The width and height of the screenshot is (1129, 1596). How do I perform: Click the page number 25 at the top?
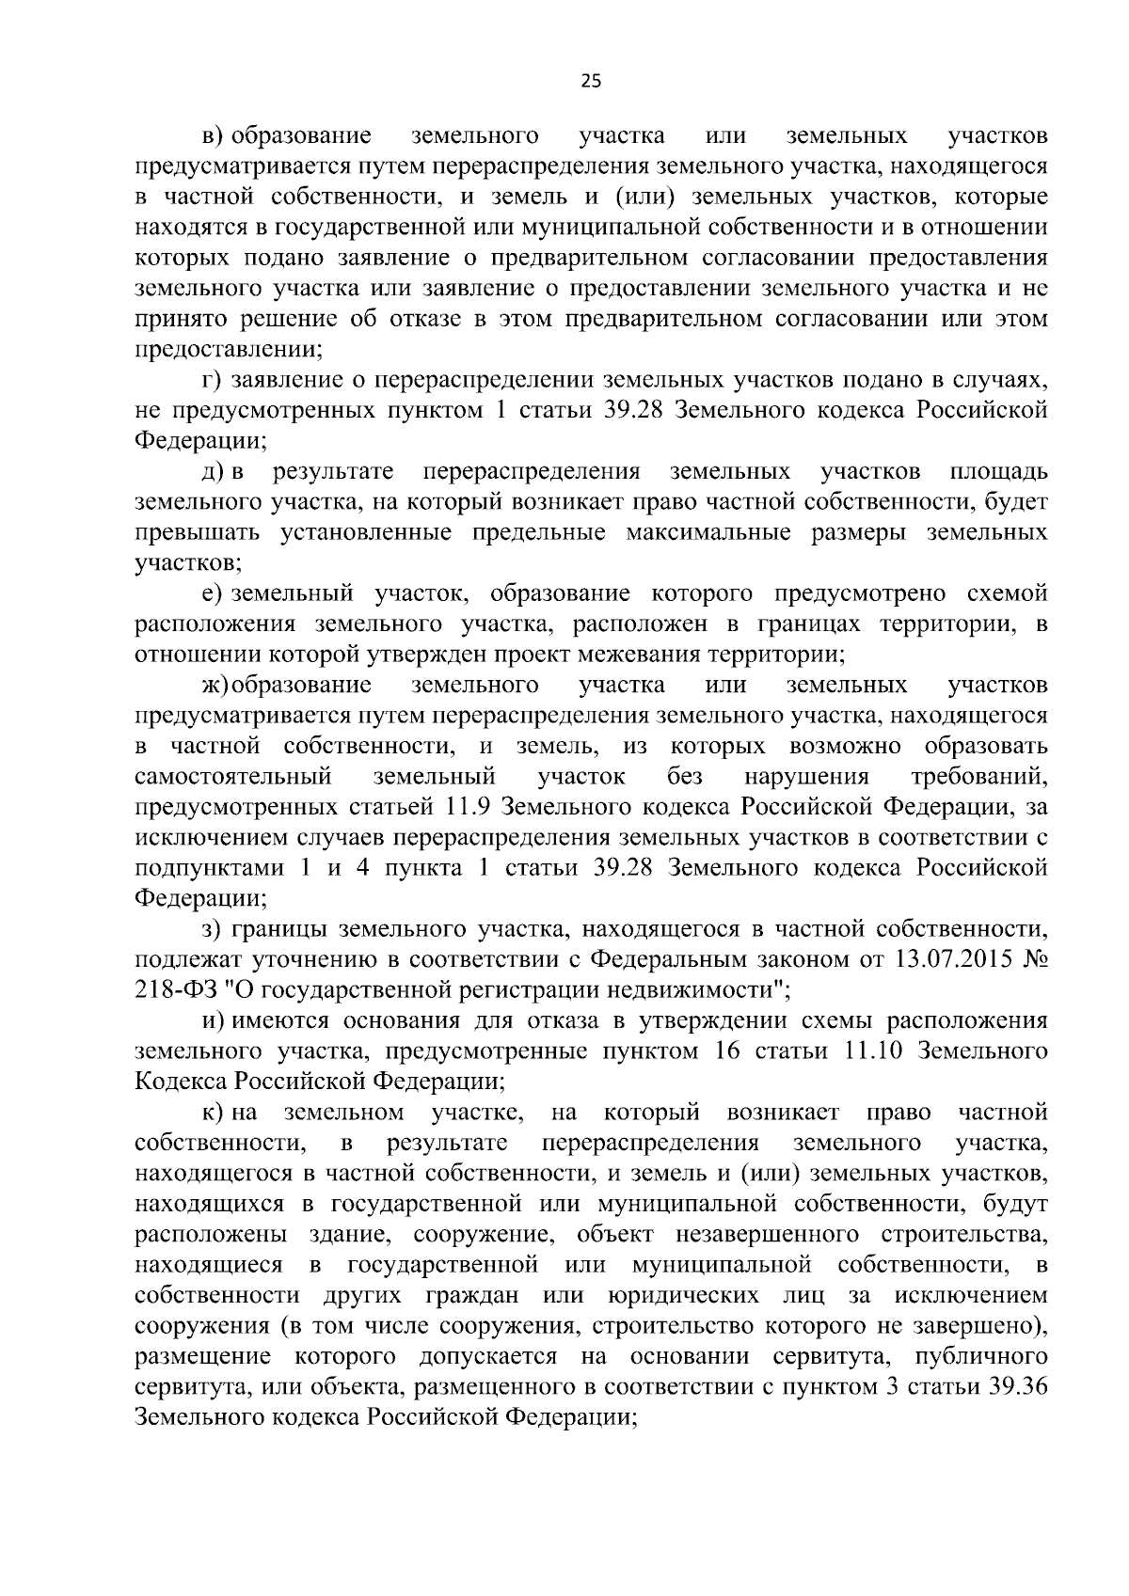pos(590,81)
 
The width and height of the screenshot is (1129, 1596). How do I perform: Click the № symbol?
pos(1035,960)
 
